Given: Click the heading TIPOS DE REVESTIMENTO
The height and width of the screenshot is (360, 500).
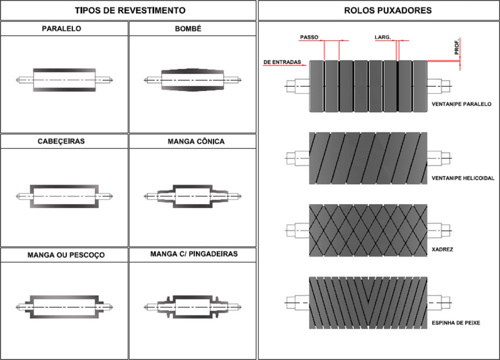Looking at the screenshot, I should (x=129, y=11).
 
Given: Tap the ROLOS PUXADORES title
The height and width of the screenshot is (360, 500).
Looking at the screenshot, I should (x=379, y=11).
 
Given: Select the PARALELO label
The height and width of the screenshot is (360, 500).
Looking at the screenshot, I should (x=64, y=28).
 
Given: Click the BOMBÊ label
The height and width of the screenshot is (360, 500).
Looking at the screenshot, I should (x=193, y=28).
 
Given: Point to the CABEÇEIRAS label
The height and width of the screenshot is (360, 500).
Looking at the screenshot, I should (x=64, y=141).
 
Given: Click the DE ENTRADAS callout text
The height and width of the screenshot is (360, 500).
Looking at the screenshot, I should (x=283, y=61).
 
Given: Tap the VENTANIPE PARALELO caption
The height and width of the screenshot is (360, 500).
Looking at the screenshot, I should (x=462, y=104).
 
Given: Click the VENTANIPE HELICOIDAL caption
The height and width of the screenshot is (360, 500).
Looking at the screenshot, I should (x=463, y=178).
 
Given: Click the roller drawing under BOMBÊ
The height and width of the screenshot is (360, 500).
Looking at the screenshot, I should (x=193, y=80).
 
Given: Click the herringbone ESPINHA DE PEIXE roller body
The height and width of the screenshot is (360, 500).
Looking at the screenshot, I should (x=368, y=303).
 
